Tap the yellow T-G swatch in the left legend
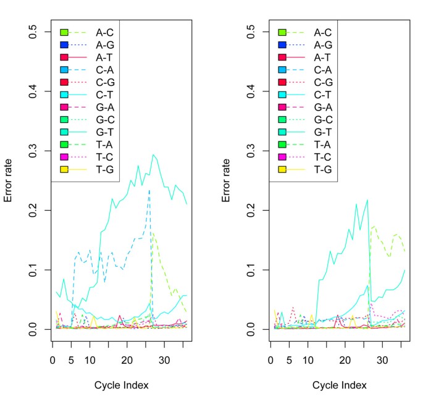click(63, 169)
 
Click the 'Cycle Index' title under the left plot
click(121, 385)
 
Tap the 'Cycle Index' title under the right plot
click(340, 385)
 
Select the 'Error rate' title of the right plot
click(227, 180)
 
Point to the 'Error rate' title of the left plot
click(8, 180)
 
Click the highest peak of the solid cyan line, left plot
click(153, 154)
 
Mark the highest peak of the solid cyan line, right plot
click(367, 199)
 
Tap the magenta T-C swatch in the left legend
click(63, 156)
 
